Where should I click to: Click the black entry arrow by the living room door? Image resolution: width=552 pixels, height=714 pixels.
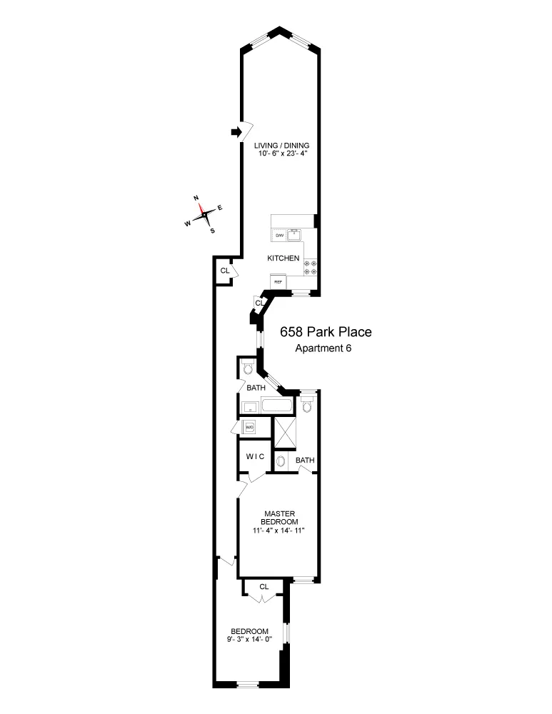[x=235, y=131]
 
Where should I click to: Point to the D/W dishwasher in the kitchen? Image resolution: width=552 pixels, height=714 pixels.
[x=279, y=236]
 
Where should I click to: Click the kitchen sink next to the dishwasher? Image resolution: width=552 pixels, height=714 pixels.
[x=298, y=233]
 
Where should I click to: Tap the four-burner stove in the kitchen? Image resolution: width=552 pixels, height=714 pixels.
[x=312, y=267]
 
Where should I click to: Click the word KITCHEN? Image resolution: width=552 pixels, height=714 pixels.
[x=283, y=258]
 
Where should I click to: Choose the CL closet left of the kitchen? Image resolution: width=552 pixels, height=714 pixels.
[x=224, y=271]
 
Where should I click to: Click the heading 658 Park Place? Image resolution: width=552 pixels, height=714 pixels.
[x=326, y=333]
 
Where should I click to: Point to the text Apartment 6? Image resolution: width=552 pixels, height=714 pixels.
[x=323, y=348]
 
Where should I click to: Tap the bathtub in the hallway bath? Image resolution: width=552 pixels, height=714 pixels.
[x=277, y=407]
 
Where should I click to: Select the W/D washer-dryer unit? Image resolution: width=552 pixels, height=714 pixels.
[x=250, y=428]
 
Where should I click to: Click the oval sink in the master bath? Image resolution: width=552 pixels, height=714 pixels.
[x=281, y=461]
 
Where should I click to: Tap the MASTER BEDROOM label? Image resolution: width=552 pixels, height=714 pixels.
[x=275, y=518]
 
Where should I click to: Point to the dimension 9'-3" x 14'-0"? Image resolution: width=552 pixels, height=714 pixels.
[x=249, y=639]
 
